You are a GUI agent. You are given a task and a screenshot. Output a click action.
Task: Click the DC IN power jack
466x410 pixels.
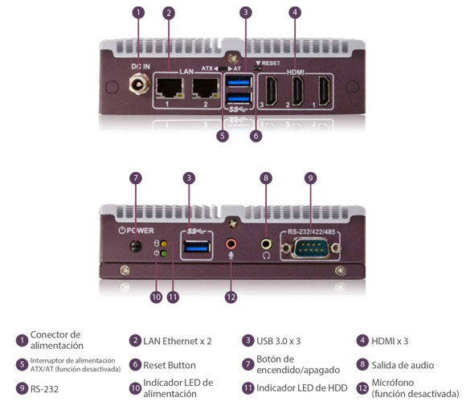[x=139, y=84]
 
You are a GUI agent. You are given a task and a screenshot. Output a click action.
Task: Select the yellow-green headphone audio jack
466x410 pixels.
[x=265, y=242]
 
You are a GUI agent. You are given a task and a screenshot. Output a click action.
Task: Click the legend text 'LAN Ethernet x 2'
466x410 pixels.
[x=177, y=341]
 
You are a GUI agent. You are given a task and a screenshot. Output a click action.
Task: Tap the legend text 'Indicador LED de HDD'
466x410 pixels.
[x=300, y=388]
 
